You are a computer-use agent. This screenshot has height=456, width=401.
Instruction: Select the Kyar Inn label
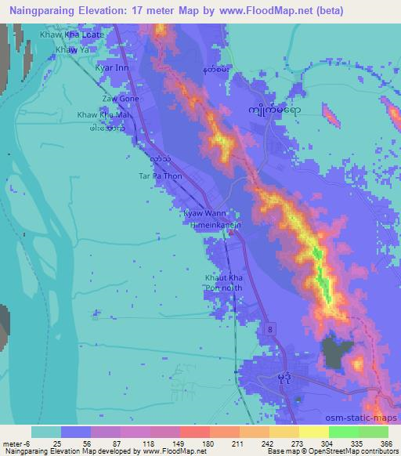111,68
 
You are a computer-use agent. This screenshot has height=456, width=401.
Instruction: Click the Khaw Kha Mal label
103,115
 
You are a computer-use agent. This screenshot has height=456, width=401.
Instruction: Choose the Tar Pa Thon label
160,176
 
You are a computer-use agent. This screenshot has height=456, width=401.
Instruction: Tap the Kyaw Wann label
204,212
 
